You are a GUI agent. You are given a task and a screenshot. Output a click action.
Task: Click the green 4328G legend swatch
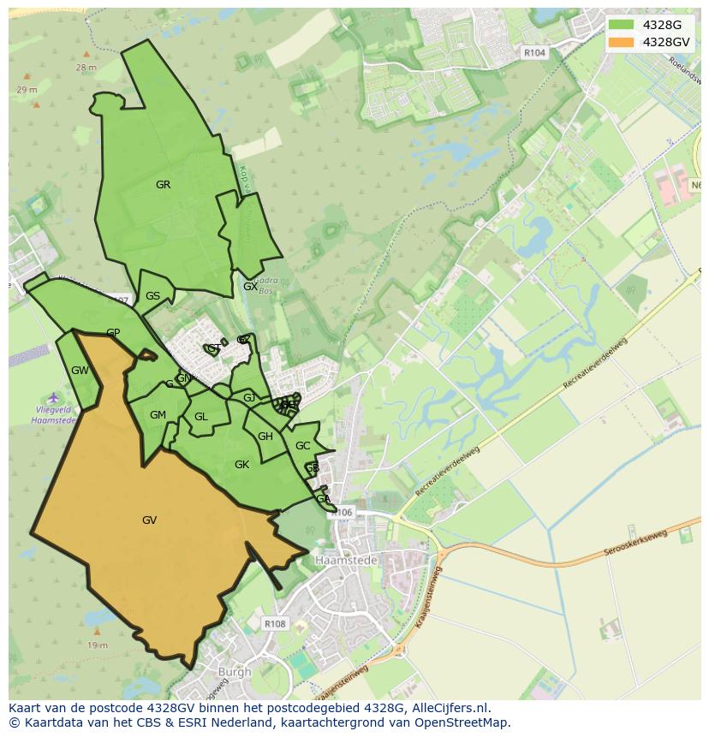point(622,25)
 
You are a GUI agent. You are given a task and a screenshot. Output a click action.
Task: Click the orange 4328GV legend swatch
point(622,42)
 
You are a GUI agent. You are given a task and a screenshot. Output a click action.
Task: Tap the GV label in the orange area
point(149,520)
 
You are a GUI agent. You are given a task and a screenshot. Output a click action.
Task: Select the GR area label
point(163,184)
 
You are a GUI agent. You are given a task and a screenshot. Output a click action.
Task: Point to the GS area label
point(152,296)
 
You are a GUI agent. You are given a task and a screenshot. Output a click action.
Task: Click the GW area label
point(80,371)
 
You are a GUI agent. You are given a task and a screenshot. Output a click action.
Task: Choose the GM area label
point(158,415)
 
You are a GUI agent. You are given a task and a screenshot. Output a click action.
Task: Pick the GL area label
point(201,417)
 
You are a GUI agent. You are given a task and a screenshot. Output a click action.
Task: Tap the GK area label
point(241,464)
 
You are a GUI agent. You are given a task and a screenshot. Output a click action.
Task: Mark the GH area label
point(265,437)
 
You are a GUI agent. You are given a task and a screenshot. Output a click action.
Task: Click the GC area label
point(302,446)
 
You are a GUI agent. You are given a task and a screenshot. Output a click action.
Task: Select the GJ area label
point(249,397)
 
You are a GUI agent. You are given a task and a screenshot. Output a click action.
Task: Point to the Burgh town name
point(235,672)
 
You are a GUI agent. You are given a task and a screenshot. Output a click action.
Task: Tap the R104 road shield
point(534,53)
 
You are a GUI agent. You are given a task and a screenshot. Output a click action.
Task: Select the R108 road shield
point(276,624)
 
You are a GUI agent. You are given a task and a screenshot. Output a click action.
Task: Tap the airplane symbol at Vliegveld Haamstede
point(54,397)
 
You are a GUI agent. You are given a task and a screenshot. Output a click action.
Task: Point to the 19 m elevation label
point(98,645)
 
